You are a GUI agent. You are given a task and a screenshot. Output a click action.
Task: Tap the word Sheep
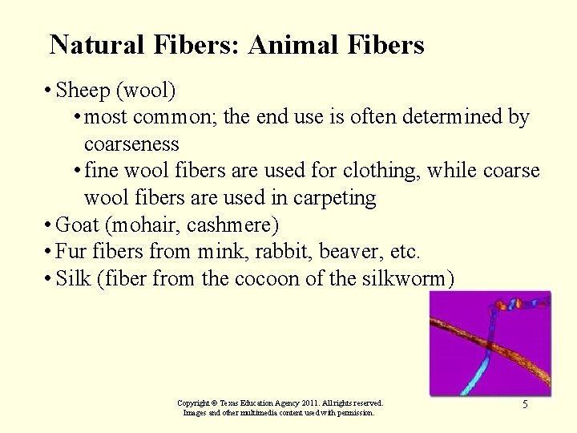(x=83, y=91)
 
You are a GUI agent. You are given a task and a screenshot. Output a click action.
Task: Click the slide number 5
(x=525, y=405)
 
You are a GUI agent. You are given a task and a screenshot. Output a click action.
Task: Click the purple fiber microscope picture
(x=490, y=343)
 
